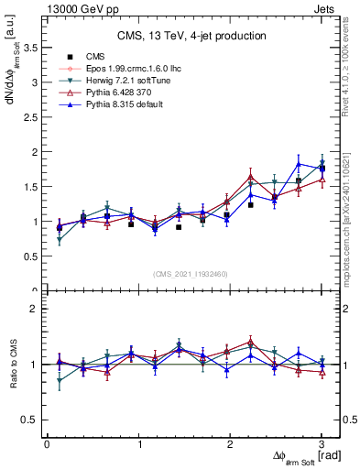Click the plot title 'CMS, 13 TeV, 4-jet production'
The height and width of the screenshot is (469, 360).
(191, 37)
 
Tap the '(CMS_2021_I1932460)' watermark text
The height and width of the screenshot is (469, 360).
(191, 274)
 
